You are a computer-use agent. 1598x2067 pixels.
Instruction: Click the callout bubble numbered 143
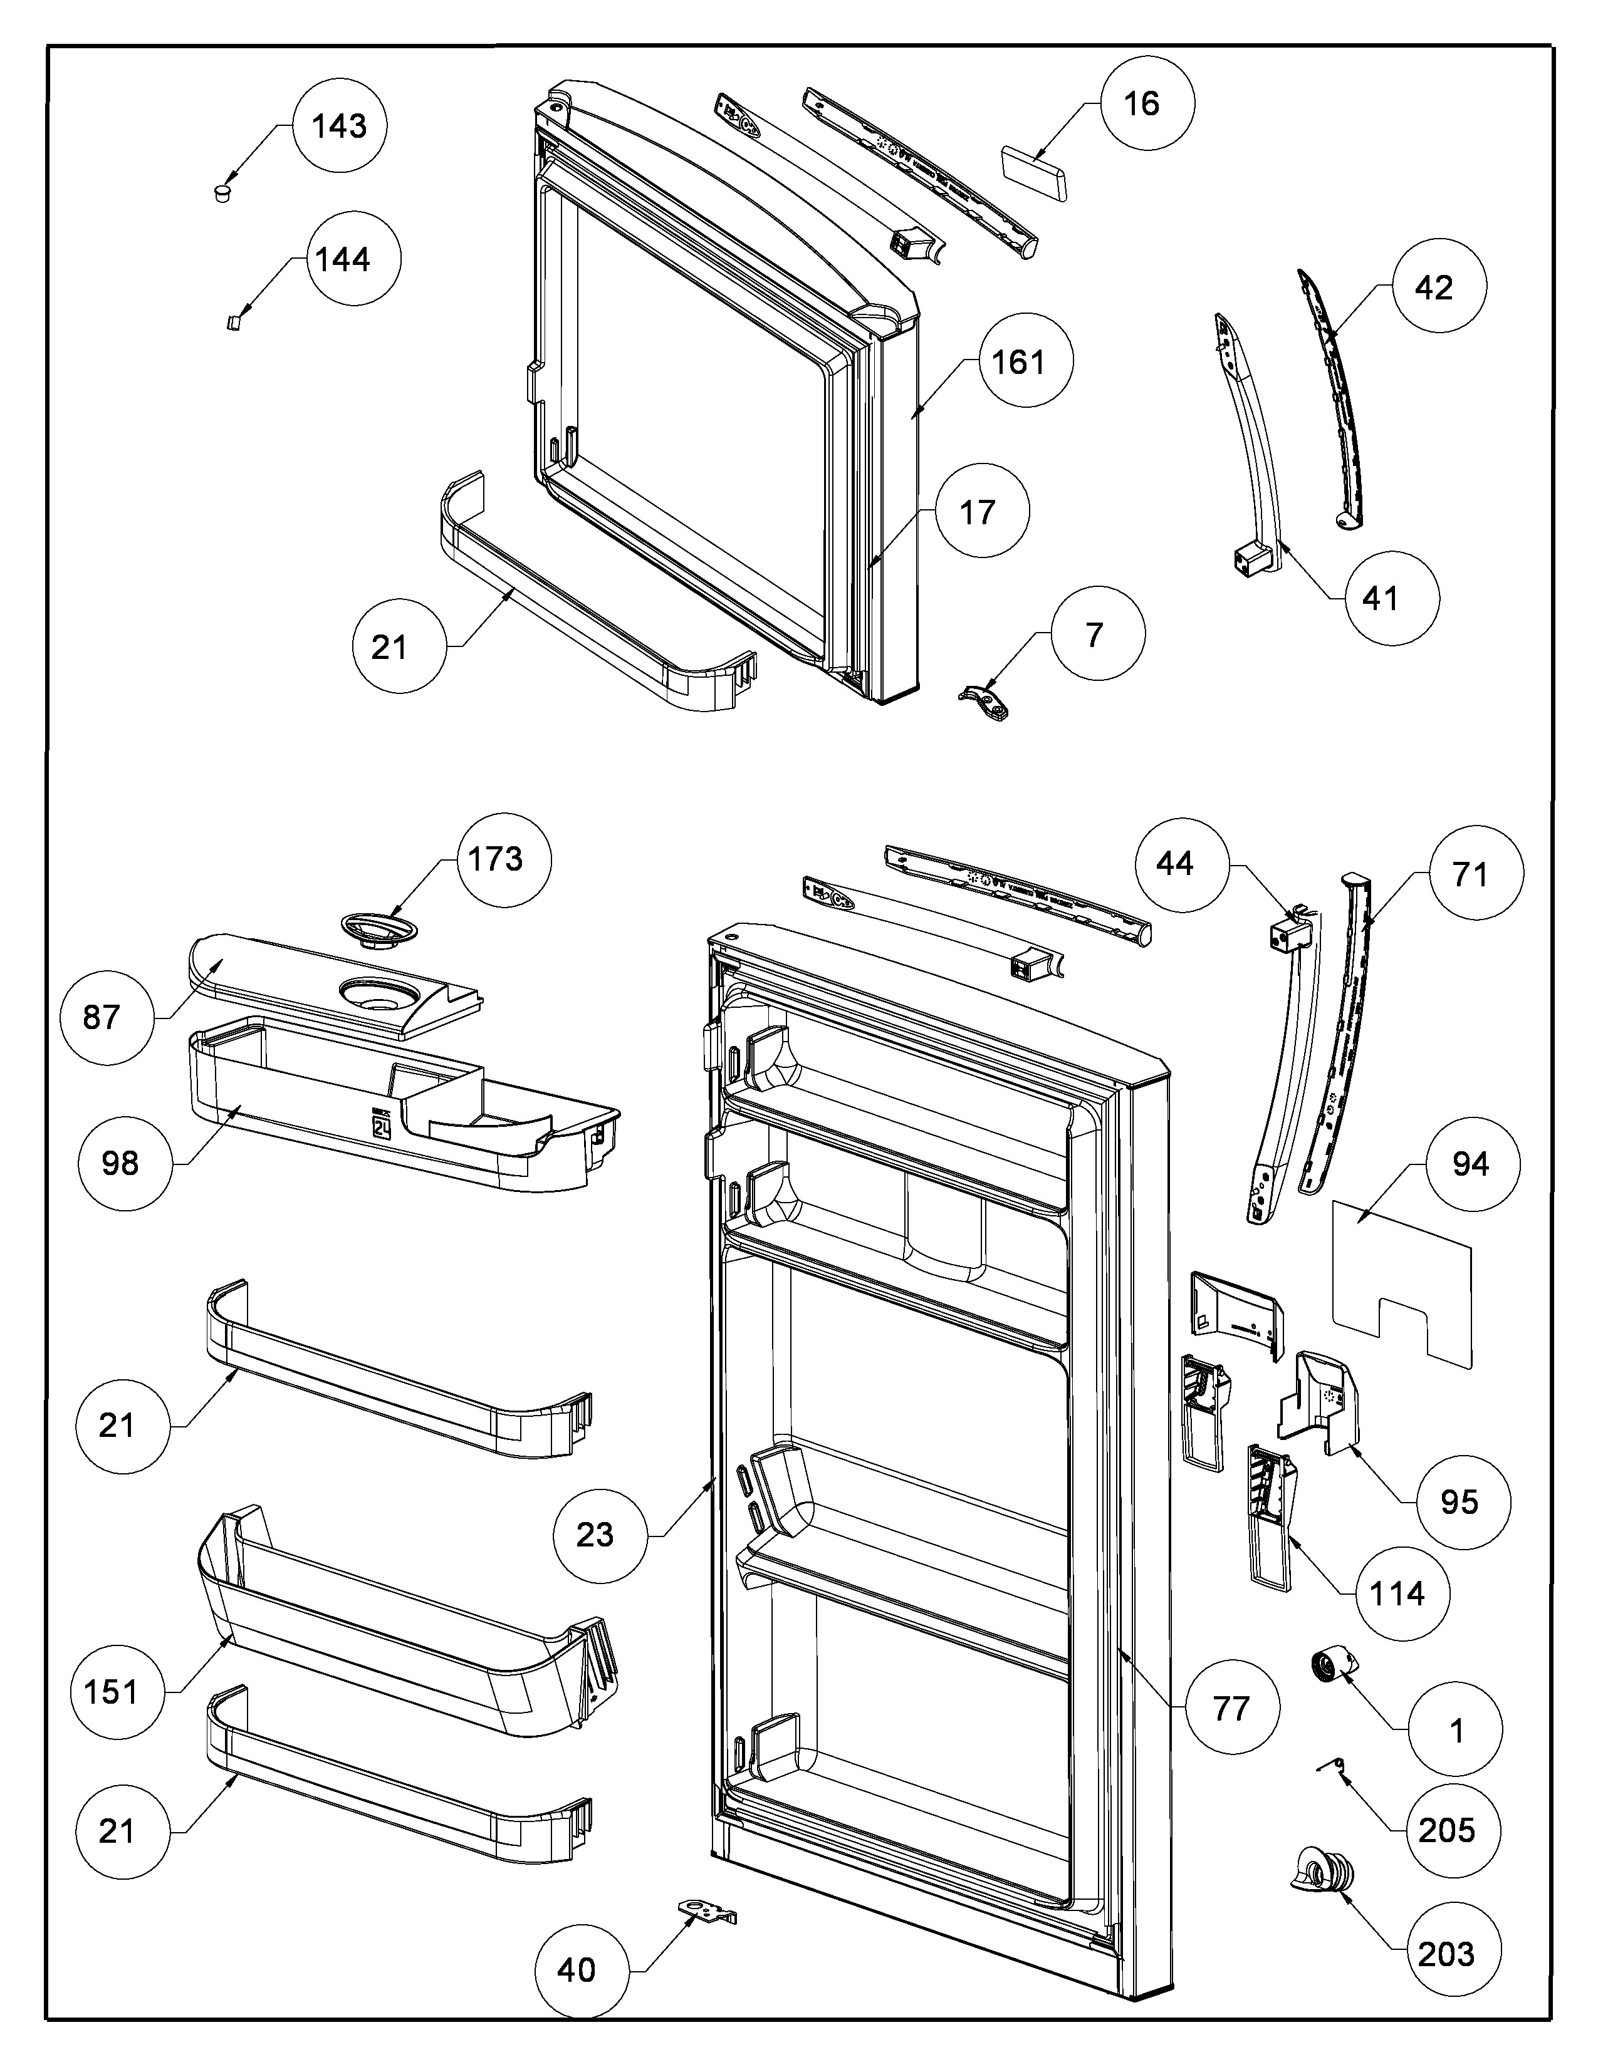coord(340,126)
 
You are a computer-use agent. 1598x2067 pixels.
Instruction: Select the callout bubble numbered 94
coord(1470,1163)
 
